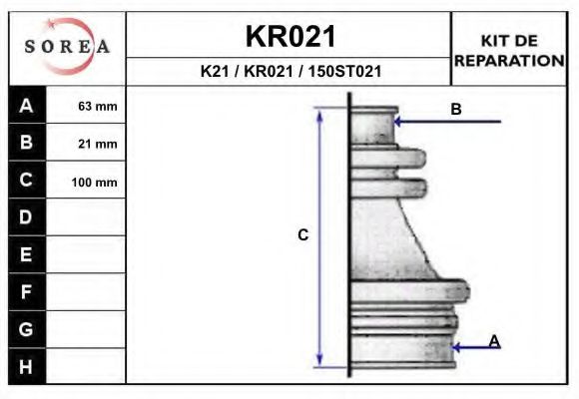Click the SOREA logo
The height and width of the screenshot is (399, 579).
[67, 46]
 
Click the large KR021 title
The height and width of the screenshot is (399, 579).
[290, 36]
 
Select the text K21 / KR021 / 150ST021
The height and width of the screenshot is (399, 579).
[290, 71]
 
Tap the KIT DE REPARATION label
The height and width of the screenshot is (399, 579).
[509, 51]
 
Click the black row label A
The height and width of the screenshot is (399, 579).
[27, 105]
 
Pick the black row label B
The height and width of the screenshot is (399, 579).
[27, 142]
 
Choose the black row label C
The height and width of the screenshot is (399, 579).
[27, 180]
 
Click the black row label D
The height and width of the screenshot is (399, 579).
[27, 217]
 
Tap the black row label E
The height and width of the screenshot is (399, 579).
[27, 254]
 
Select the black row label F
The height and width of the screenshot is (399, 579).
[27, 292]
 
